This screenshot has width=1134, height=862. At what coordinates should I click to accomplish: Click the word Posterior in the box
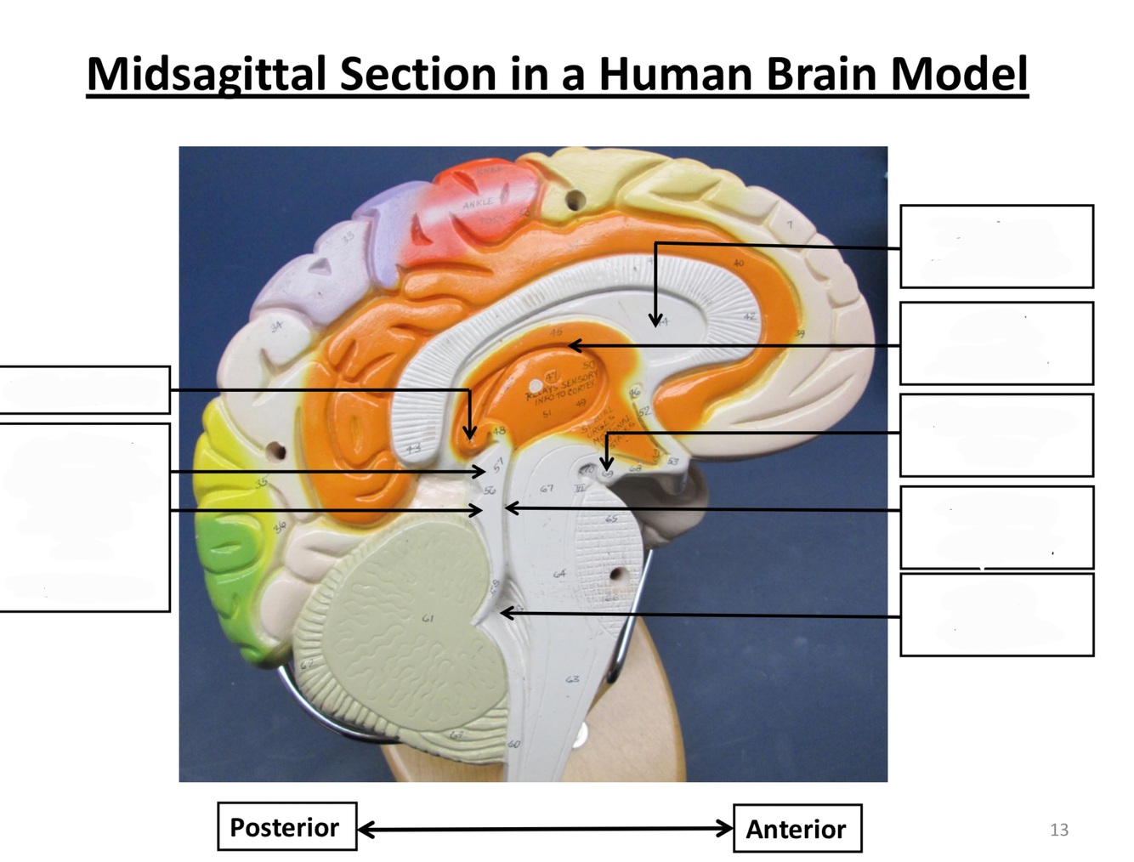[x=284, y=827]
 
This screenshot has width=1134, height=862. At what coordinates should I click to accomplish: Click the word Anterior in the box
[x=796, y=829]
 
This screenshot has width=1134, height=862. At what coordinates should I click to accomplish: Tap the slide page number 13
[x=1059, y=830]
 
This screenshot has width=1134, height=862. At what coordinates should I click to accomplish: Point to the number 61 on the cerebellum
[x=428, y=619]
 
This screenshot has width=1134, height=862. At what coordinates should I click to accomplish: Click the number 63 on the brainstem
[x=572, y=679]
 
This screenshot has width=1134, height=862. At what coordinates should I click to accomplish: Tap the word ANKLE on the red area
[x=477, y=204]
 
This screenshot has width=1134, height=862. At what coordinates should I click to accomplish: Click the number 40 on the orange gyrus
[x=738, y=263]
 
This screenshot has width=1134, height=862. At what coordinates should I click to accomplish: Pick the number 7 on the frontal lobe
[x=789, y=225]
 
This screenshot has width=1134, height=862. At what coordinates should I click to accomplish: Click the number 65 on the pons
[x=611, y=518]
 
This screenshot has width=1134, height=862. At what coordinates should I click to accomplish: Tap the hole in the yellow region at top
[x=576, y=201]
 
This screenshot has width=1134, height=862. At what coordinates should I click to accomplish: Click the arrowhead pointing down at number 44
[x=655, y=320]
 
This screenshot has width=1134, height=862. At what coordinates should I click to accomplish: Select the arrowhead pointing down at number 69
[x=606, y=464]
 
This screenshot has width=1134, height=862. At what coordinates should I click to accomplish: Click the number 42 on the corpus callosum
[x=749, y=316]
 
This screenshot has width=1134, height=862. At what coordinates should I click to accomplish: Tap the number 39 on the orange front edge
[x=799, y=334]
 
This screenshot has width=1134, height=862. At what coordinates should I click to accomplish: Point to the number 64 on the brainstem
[x=559, y=574]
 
